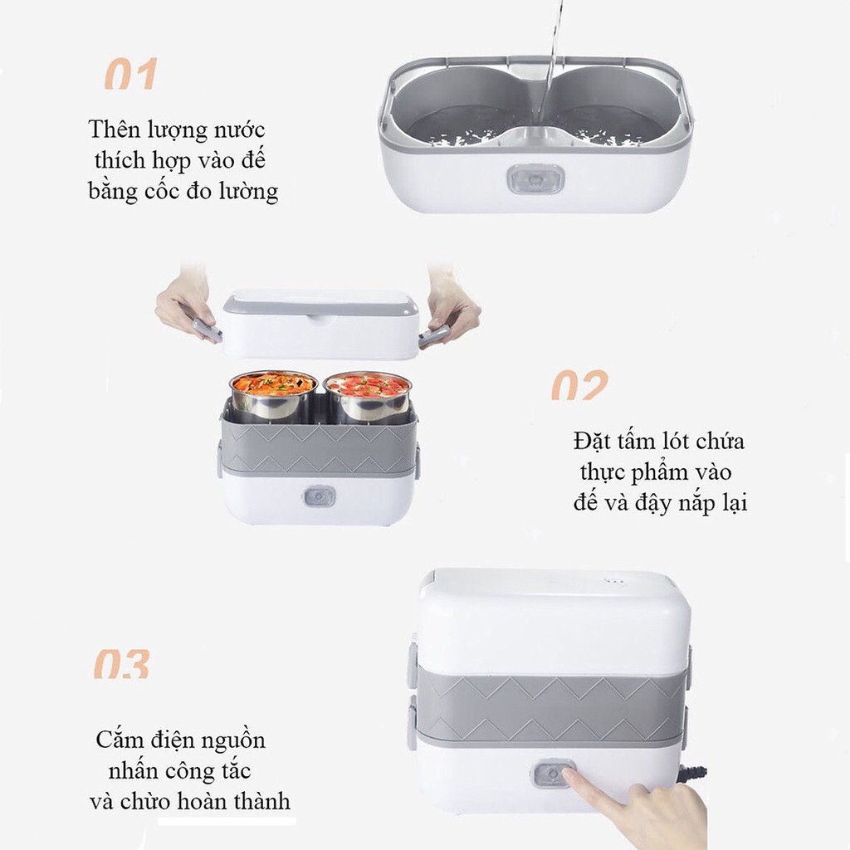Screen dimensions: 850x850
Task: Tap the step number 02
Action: (x=579, y=385)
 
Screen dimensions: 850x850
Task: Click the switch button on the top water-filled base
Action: (x=535, y=178)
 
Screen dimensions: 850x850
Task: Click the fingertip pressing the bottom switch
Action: (x=568, y=776)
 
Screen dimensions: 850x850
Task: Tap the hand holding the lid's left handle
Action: (x=184, y=305)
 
